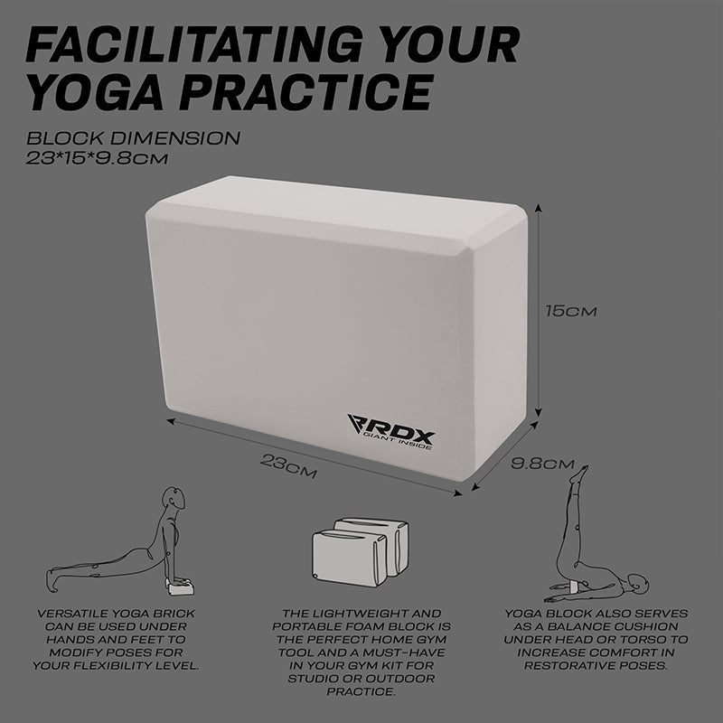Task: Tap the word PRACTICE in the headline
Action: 306,92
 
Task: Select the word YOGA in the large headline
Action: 96,92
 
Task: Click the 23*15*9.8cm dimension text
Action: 97,159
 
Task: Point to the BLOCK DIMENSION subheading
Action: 133,138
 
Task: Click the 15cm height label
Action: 571,311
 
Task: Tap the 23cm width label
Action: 288,465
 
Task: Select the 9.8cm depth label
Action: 542,464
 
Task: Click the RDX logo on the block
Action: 391,432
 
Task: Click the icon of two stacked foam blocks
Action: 360,552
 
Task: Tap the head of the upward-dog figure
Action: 174,498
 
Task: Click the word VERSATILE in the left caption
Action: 73,614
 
